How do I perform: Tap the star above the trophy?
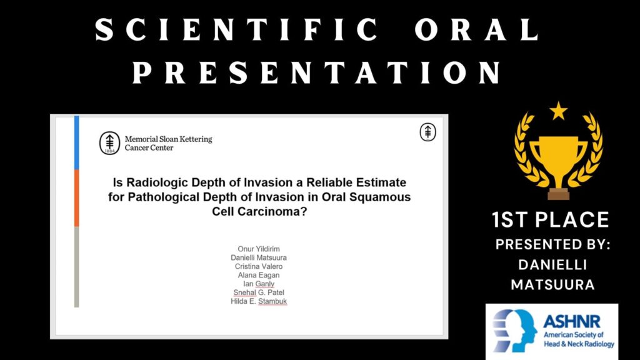[x=558, y=111]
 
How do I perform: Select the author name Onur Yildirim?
[x=259, y=249]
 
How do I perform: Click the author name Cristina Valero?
[x=259, y=266]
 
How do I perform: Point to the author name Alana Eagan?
[x=259, y=275]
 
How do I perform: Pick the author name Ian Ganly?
[x=259, y=284]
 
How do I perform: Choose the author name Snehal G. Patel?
[x=259, y=292]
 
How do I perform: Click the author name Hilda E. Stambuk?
[x=259, y=301]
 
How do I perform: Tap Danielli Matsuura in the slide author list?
[x=259, y=257]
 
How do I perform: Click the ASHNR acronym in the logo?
[x=572, y=322]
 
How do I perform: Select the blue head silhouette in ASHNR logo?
[x=515, y=331]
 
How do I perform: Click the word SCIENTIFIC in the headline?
[x=237, y=30]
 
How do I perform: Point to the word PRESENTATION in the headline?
[x=317, y=72]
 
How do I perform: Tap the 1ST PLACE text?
[x=551, y=219]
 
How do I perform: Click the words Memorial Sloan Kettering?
[x=169, y=139]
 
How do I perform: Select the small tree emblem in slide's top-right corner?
[x=427, y=132]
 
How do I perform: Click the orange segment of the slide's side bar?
[x=76, y=198]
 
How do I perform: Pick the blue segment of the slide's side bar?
[x=76, y=142]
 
